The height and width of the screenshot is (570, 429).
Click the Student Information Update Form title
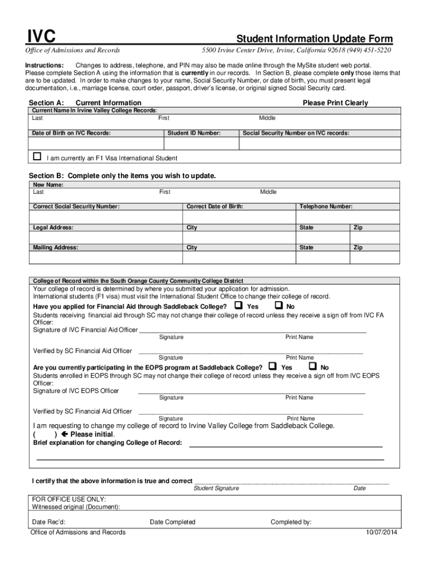(x=315, y=39)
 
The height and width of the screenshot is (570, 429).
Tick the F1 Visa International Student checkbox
(x=37, y=157)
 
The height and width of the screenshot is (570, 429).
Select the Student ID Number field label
(x=194, y=133)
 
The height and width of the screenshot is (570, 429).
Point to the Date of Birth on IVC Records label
(x=71, y=133)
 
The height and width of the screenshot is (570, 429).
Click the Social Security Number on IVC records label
(x=296, y=133)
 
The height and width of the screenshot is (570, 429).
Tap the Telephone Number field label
(x=326, y=207)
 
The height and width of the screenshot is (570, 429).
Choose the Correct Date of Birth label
(x=214, y=207)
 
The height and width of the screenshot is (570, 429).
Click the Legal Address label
(x=53, y=228)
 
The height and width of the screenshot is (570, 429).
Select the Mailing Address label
(x=56, y=248)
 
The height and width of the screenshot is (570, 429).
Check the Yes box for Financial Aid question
(x=238, y=306)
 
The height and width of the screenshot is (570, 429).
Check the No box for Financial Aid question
(x=279, y=306)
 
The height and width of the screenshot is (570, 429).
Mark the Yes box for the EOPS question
(x=272, y=366)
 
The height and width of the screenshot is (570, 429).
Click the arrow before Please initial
(x=65, y=434)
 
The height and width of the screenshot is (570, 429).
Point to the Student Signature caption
(x=216, y=488)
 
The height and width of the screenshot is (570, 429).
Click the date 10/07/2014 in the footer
(x=382, y=533)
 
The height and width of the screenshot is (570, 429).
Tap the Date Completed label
(x=173, y=522)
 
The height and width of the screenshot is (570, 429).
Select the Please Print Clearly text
(x=335, y=103)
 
